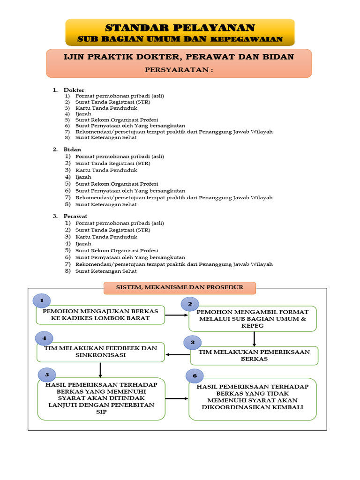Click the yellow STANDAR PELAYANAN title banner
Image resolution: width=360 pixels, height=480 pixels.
coord(180,32)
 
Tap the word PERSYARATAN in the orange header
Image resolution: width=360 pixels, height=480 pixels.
coord(177,70)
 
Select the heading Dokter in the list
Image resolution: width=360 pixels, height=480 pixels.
coord(74,90)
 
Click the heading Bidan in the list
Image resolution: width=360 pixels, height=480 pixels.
coord(72,150)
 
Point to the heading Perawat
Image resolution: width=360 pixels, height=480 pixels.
coord(75,216)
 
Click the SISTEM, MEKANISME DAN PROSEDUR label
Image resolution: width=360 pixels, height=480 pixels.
coord(180,287)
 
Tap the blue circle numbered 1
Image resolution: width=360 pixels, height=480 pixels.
coord(42,300)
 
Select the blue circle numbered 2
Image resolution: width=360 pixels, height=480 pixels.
coord(190,304)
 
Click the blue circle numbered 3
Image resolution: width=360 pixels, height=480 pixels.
coord(193,342)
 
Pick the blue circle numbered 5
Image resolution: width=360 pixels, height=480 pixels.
coord(47,375)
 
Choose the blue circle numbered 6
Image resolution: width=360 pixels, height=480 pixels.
coord(195,375)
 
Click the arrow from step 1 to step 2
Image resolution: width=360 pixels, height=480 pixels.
coord(177,315)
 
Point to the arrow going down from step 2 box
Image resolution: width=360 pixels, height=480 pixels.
coord(254,339)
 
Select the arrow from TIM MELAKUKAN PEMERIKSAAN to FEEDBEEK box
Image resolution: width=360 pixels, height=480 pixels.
coord(178,354)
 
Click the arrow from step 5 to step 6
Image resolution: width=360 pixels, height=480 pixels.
coord(177,398)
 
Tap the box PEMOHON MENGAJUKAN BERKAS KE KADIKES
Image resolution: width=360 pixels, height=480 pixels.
coord(100,315)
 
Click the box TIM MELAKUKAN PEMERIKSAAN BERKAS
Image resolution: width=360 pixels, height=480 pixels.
coord(255,355)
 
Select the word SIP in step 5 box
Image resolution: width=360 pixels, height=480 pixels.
coord(101,412)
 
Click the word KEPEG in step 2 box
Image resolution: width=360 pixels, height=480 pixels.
coord(253,326)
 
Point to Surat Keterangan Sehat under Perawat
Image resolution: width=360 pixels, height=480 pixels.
coord(106,271)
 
